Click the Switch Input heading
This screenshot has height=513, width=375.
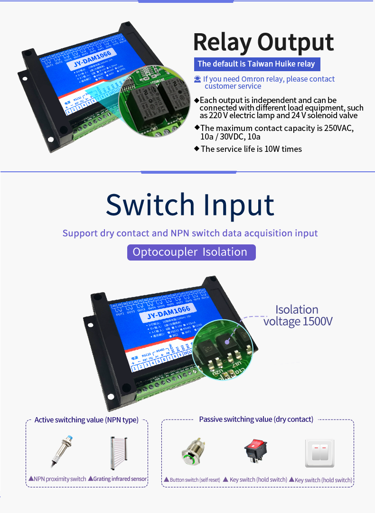click(x=190, y=205)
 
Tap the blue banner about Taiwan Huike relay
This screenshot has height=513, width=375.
click(x=256, y=64)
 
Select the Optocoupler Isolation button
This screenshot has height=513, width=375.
click(x=191, y=252)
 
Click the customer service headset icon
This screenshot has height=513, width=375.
click(x=197, y=79)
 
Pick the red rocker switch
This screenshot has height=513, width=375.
click(x=255, y=451)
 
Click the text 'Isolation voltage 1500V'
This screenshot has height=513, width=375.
click(x=298, y=316)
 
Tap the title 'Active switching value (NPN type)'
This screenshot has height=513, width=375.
click(x=86, y=420)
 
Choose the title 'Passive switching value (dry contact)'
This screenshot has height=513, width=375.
click(x=256, y=420)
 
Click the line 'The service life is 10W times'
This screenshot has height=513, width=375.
click(x=251, y=149)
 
